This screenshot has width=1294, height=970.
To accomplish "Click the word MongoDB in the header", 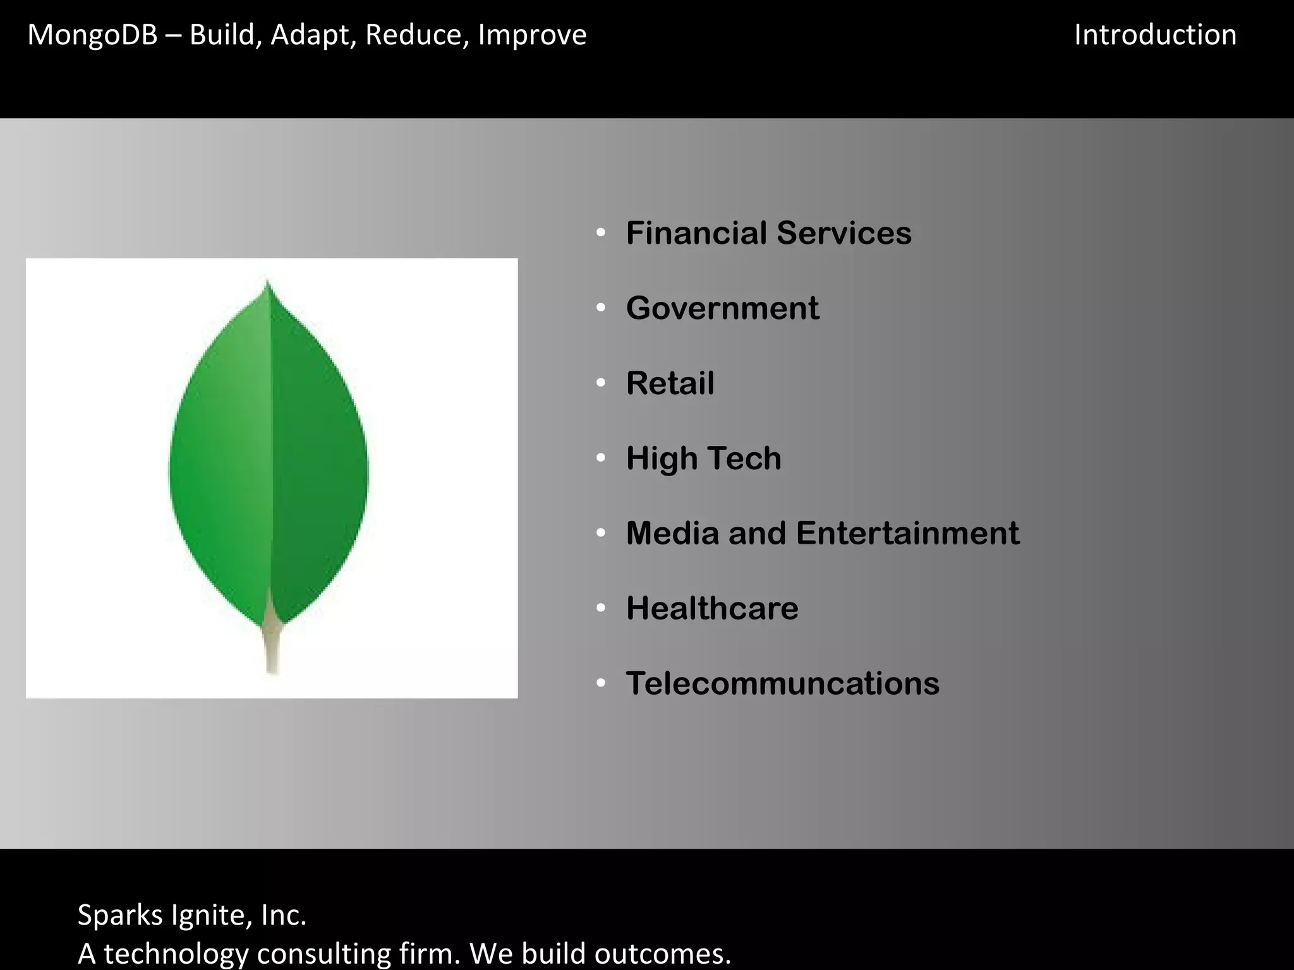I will pyautogui.click(x=92, y=35).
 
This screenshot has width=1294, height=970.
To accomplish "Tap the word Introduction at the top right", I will pyautogui.click(x=1155, y=35).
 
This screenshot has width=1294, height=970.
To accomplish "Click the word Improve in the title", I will pyautogui.click(x=532, y=35).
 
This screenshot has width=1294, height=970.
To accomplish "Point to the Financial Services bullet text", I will pyautogui.click(x=768, y=233).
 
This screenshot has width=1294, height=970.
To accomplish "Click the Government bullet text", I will pyautogui.click(x=722, y=308).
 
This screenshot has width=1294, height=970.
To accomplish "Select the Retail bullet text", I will pyautogui.click(x=670, y=383).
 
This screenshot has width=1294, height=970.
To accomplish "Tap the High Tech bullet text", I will pyautogui.click(x=703, y=458).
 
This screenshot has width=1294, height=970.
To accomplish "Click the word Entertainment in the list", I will pyautogui.click(x=907, y=533).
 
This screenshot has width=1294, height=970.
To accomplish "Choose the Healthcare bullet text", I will pyautogui.click(x=712, y=608).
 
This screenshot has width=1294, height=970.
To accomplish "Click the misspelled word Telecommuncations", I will pyautogui.click(x=782, y=683).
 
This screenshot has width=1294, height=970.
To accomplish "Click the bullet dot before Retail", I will pyautogui.click(x=601, y=383).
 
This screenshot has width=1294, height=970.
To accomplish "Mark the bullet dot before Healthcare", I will pyautogui.click(x=601, y=608).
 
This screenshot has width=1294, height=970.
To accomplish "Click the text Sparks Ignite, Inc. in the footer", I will pyautogui.click(x=192, y=915).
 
